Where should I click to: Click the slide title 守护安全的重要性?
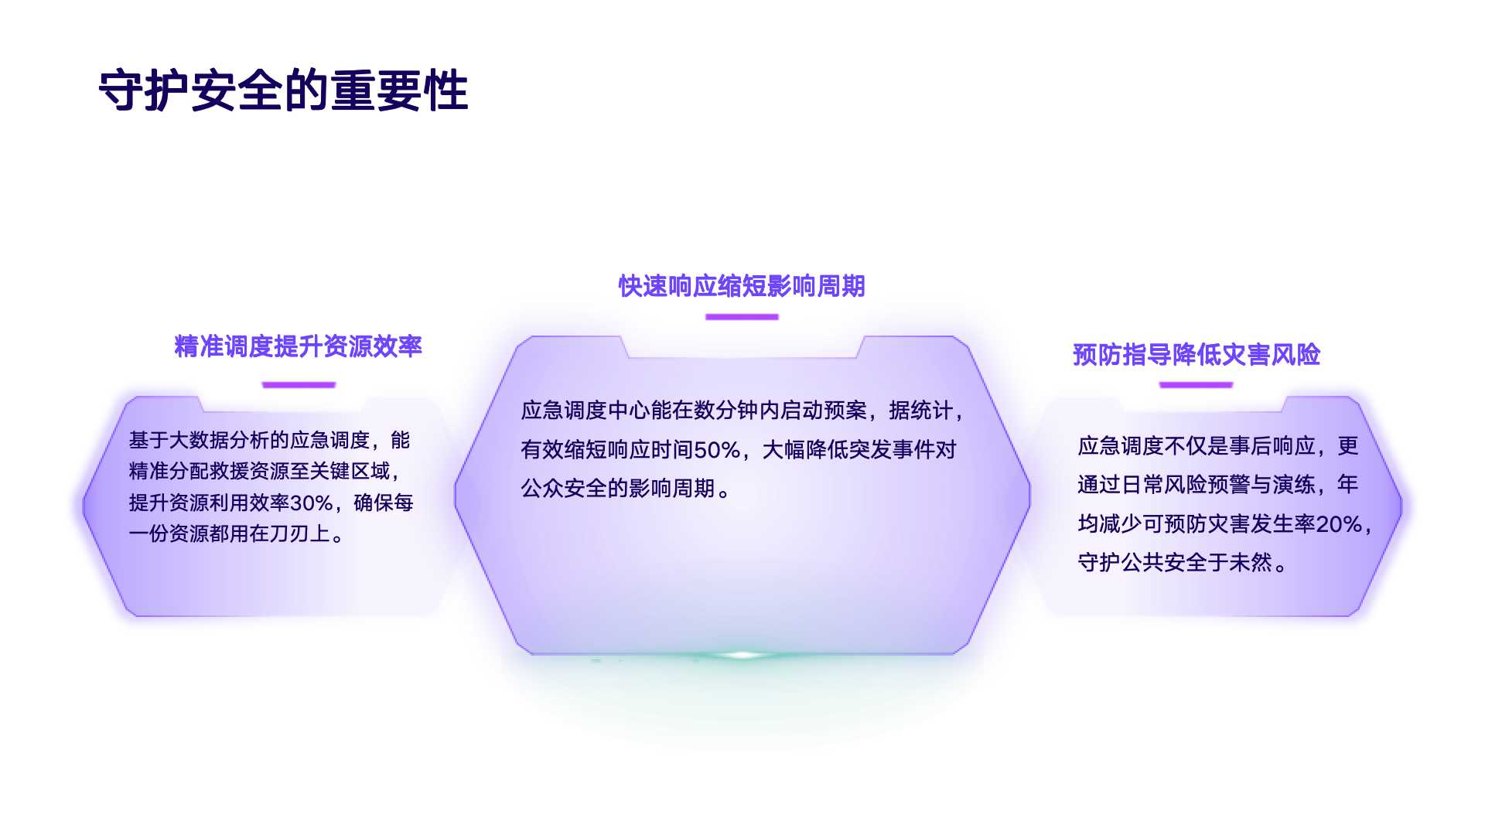(x=283, y=90)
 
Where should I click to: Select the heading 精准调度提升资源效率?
(x=299, y=346)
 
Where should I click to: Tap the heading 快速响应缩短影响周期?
(x=742, y=286)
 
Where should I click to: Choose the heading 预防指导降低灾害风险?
(x=1196, y=355)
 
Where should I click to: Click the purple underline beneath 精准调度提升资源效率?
(x=299, y=384)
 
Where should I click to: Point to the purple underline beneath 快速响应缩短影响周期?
(x=742, y=316)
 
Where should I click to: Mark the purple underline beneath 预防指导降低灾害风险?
(x=1196, y=384)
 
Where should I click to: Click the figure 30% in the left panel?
(x=311, y=503)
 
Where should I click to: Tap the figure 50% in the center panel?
(x=717, y=450)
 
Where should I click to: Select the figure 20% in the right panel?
(x=1339, y=524)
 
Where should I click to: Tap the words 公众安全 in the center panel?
(x=564, y=489)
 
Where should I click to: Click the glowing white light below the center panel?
(x=742, y=655)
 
